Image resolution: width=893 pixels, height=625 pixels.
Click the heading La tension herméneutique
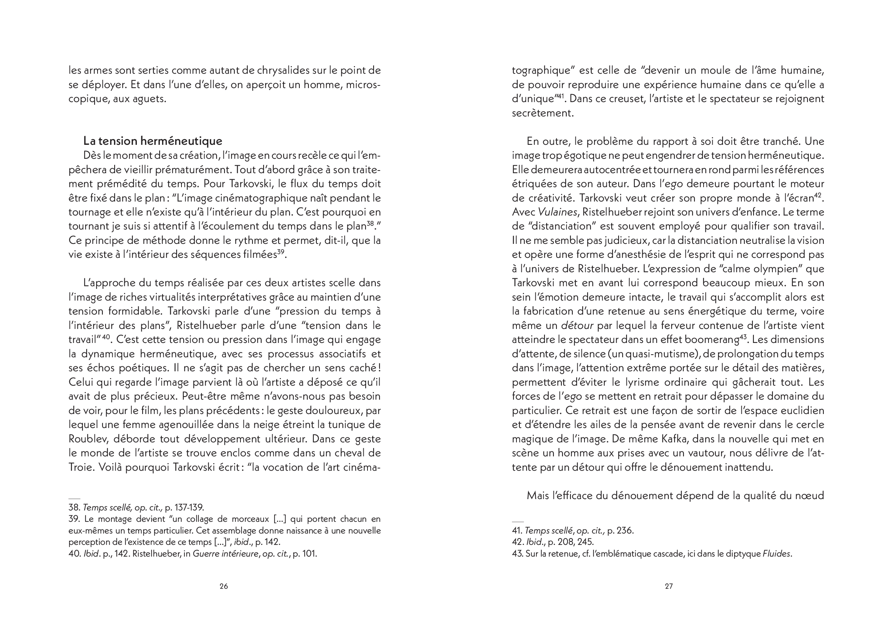[153, 141]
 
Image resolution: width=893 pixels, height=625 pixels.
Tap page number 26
[224, 586]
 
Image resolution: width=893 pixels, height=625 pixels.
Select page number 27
[668, 586]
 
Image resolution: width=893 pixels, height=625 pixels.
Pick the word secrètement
[543, 113]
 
